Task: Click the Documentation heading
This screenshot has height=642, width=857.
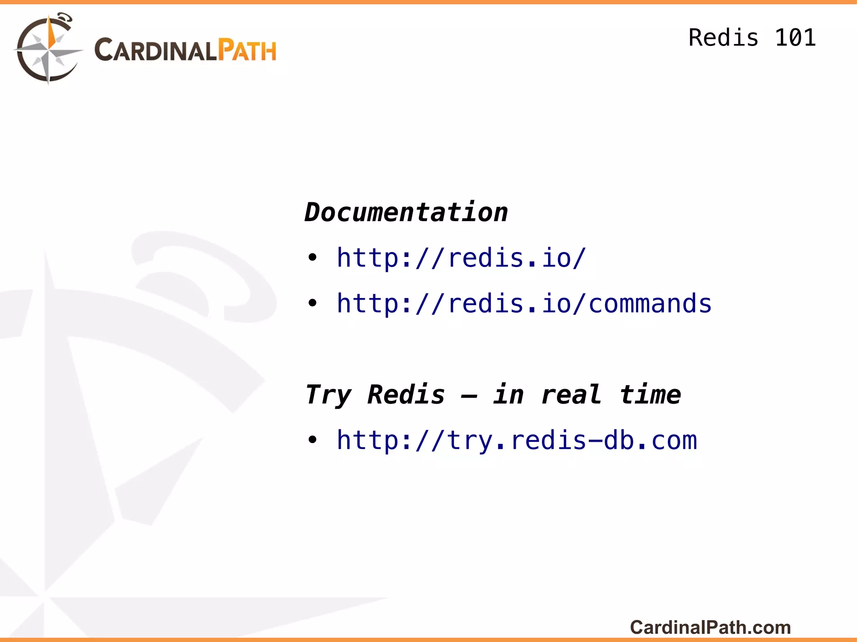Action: [x=406, y=212]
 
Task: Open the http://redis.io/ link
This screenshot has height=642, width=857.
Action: [x=461, y=258]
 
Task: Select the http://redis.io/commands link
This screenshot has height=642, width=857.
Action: [x=524, y=303]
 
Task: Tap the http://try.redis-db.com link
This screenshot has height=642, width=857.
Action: [x=517, y=441]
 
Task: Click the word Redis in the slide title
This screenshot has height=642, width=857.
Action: [x=723, y=38]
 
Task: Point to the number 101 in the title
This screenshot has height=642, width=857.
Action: [x=795, y=38]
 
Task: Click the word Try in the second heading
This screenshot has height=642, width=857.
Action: [x=328, y=395]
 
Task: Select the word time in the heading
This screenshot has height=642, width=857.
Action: [x=650, y=395]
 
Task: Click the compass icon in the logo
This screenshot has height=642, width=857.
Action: [x=48, y=49]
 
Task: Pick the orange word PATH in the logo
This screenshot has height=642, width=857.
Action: [x=248, y=51]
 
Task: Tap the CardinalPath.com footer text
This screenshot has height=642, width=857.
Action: [x=710, y=627]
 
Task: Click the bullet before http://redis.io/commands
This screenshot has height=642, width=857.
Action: [x=312, y=303]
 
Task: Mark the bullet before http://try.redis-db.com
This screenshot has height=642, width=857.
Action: [x=312, y=440]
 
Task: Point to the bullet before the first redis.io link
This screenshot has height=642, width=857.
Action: [x=312, y=257]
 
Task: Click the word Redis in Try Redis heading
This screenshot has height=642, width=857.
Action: [x=406, y=395]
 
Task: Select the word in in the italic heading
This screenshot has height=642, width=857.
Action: [x=508, y=395]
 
